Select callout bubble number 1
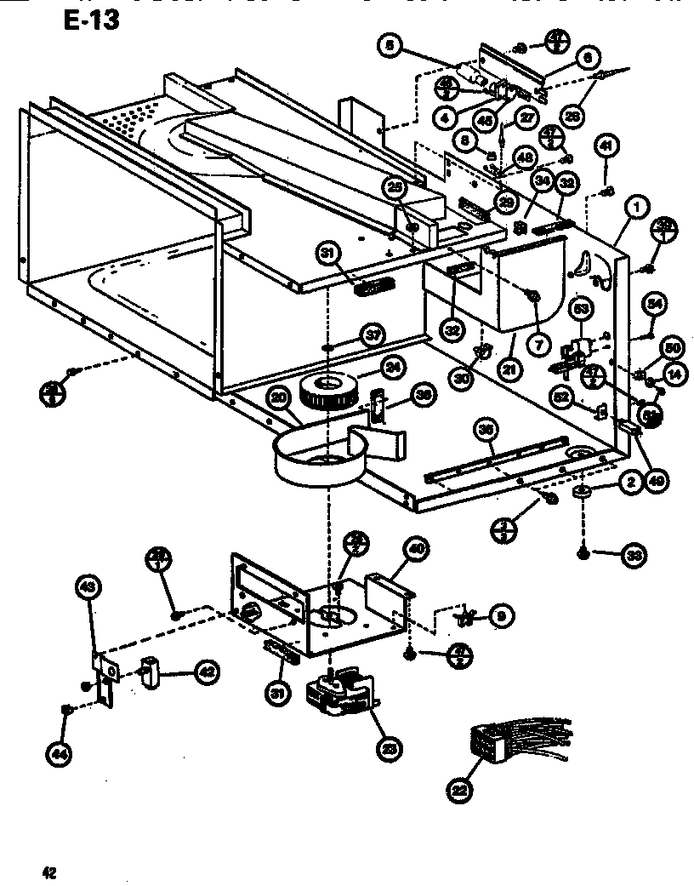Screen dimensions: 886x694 pyautogui.click(x=634, y=205)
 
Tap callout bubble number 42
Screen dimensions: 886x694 pyautogui.click(x=205, y=671)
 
